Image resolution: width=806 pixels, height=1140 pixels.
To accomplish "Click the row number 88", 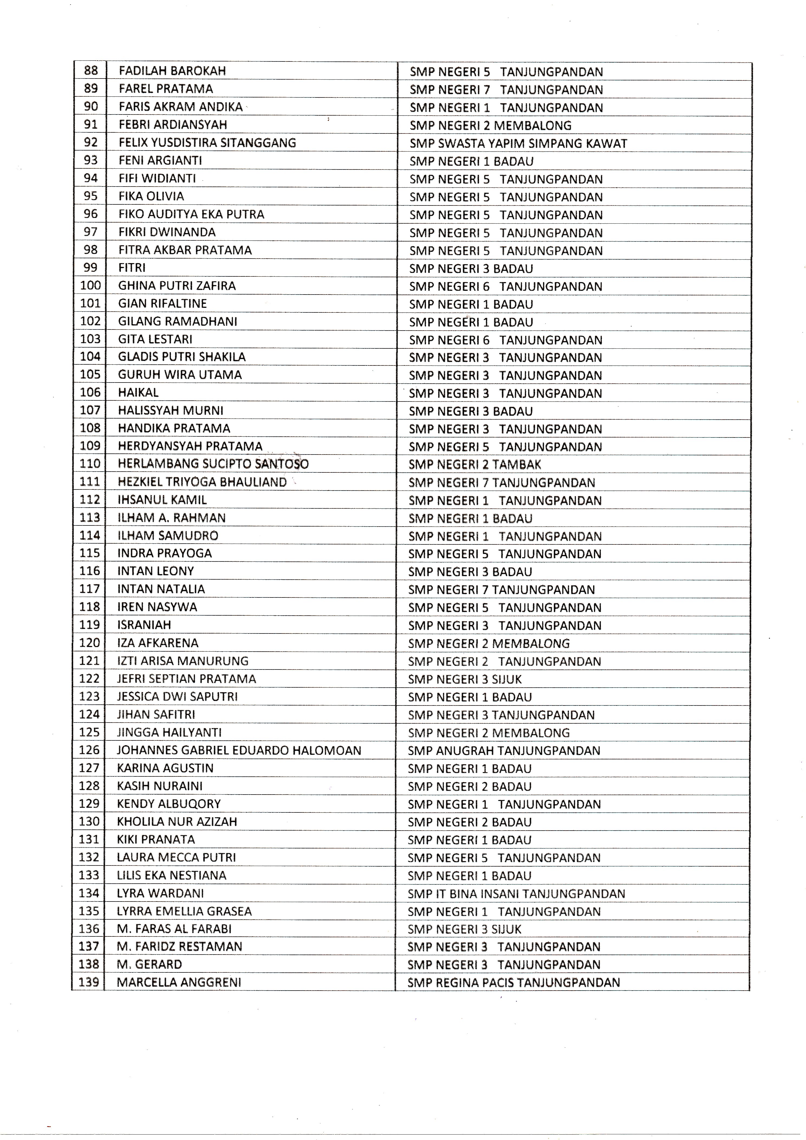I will pyautogui.click(x=91, y=70).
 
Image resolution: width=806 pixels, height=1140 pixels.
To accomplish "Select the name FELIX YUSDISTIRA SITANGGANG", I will pyautogui.click(x=207, y=143).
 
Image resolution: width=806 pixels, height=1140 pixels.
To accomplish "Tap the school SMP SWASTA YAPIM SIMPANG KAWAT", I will pyautogui.click(x=518, y=143).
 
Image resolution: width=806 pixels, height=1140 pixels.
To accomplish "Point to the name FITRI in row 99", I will pyautogui.click(x=132, y=268).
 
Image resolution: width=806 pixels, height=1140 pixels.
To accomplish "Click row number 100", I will pyautogui.click(x=90, y=286).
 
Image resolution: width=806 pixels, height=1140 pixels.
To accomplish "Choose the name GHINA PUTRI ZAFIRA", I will pyautogui.click(x=177, y=286).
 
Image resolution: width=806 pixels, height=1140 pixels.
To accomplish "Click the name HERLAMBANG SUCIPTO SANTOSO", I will pyautogui.click(x=213, y=464).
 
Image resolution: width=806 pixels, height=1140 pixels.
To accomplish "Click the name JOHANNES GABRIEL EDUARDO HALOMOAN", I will pyautogui.click(x=239, y=750).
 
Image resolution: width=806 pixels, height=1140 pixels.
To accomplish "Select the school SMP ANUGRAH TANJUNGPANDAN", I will pyautogui.click(x=504, y=751).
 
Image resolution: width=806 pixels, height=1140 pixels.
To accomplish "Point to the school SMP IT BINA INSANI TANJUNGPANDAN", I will pyautogui.click(x=516, y=894).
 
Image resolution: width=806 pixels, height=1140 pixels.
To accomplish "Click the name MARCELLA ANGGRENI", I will pyautogui.click(x=179, y=982).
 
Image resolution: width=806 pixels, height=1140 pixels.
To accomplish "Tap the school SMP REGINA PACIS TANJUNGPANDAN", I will pyautogui.click(x=514, y=983).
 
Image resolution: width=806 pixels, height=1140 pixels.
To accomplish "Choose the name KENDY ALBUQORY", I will pyautogui.click(x=169, y=804).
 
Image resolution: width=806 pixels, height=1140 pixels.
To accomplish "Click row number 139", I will pyautogui.click(x=89, y=982).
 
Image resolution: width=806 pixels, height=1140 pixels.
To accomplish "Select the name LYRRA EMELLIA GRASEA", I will pyautogui.click(x=184, y=911).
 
